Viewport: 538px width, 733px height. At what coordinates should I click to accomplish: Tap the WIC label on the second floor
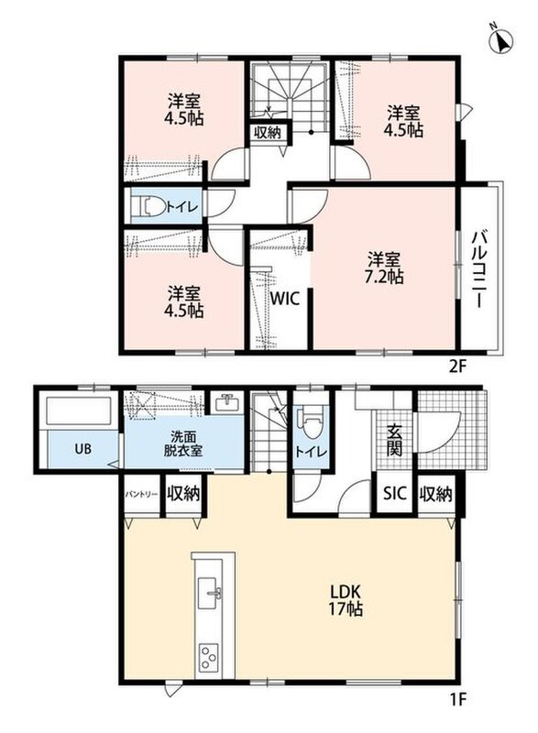point(285,299)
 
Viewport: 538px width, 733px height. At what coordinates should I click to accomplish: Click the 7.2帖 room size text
point(384,277)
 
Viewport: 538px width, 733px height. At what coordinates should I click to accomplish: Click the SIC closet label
point(395,493)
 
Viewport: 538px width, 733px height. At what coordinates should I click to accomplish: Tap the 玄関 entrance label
point(395,440)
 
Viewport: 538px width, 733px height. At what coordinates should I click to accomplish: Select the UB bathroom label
point(82,449)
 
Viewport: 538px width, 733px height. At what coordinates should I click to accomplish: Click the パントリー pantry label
point(141,495)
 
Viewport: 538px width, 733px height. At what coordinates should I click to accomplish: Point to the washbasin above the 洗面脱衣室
point(226,401)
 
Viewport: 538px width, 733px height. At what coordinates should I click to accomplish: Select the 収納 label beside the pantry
point(183,494)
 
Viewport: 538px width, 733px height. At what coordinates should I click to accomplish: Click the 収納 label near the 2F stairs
point(268,132)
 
